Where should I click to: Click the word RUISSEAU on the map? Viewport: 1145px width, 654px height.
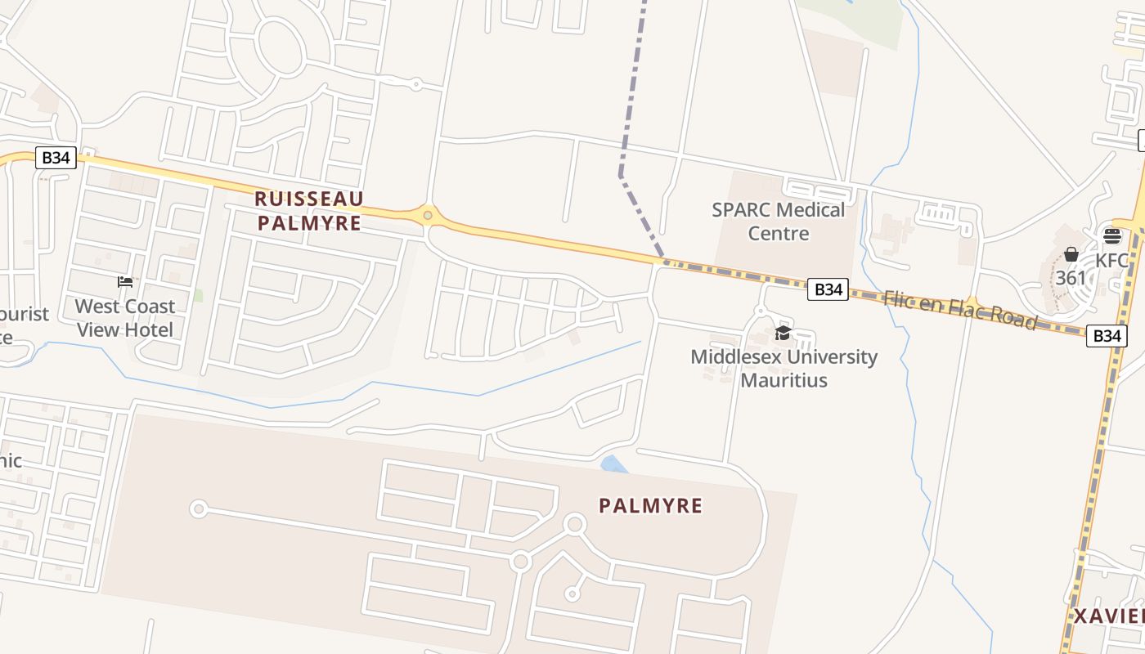pyautogui.click(x=308, y=199)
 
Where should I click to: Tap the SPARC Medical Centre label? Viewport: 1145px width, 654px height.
pyautogui.click(x=778, y=222)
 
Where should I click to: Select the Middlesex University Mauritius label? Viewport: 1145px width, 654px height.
pyautogui.click(x=784, y=368)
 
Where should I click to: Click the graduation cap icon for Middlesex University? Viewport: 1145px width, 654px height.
pyautogui.click(x=783, y=334)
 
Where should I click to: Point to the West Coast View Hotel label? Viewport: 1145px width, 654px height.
pyautogui.click(x=124, y=318)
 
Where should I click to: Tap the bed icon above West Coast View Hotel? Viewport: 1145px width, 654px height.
pyautogui.click(x=124, y=282)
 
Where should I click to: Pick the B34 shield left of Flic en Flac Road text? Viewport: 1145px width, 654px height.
pyautogui.click(x=828, y=289)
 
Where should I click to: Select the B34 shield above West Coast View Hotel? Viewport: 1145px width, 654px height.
pyautogui.click(x=56, y=158)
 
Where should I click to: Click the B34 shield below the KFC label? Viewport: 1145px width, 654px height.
pyautogui.click(x=1107, y=335)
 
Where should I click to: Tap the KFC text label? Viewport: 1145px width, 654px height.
pyautogui.click(x=1112, y=261)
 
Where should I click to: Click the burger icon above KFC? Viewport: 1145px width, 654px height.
pyautogui.click(x=1111, y=236)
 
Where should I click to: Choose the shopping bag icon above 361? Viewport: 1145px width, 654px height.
pyautogui.click(x=1071, y=254)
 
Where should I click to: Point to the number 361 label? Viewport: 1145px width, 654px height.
pyautogui.click(x=1071, y=278)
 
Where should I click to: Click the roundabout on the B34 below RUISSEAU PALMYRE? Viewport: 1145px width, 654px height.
pyautogui.click(x=427, y=216)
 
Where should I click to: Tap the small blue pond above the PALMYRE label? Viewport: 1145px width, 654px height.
pyautogui.click(x=613, y=464)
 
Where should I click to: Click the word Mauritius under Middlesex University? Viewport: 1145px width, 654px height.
pyautogui.click(x=784, y=380)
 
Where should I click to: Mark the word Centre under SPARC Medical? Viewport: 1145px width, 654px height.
pyautogui.click(x=779, y=234)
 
